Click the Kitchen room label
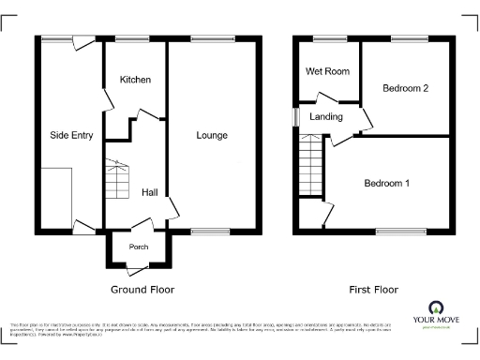point(135,80)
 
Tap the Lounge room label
point(212,136)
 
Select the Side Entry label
point(71,136)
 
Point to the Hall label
point(149,192)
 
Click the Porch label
point(139,247)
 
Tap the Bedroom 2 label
point(406,88)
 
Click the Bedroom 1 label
point(387,183)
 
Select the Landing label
point(326,117)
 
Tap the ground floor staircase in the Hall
point(116,180)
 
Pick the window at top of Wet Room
point(326,37)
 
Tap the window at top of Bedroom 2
point(405,37)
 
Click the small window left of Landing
point(294,116)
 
